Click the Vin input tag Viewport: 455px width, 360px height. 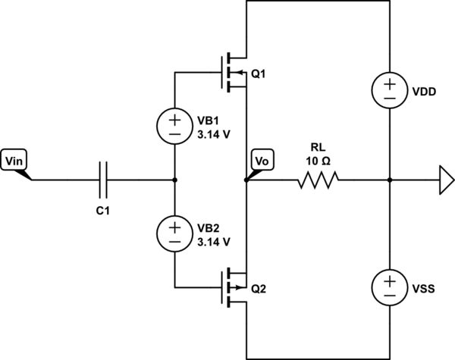point(14,161)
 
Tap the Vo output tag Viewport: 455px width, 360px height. point(261,161)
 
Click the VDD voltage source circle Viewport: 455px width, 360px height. point(389,90)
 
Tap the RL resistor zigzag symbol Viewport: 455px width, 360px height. point(318,180)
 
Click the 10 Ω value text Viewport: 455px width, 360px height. point(318,161)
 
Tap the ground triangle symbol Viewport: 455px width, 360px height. point(445,180)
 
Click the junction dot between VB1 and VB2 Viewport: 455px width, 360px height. point(174,180)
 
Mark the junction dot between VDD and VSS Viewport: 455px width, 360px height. point(389,180)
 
